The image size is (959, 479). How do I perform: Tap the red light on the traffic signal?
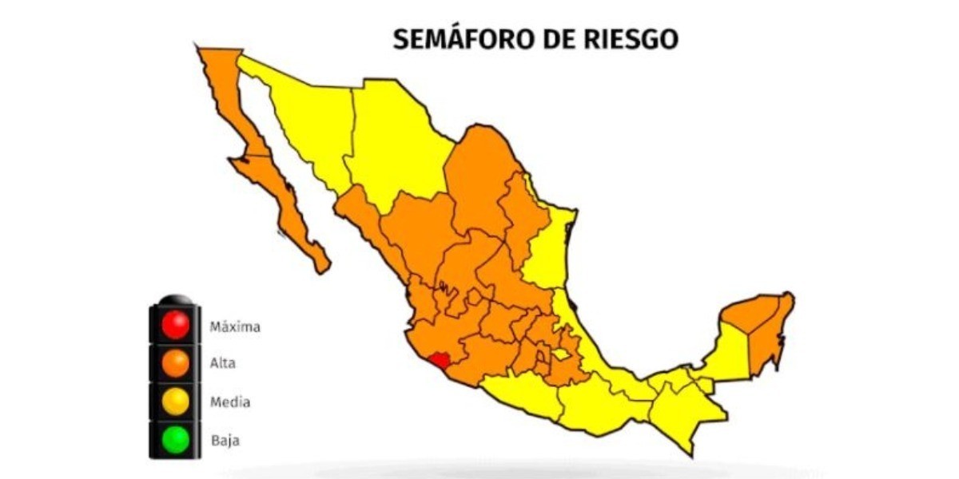[175, 325]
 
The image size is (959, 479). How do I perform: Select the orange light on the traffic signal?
[175, 363]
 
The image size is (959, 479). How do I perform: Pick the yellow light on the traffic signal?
[175, 402]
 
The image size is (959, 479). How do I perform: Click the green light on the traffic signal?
[175, 439]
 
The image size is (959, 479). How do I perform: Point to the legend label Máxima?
[235, 327]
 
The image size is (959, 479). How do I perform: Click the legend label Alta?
[222, 364]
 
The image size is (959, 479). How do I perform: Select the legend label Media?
[229, 402]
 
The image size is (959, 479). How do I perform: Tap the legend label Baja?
[224, 440]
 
